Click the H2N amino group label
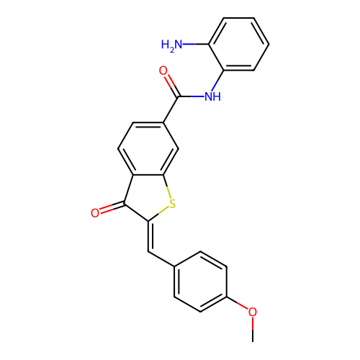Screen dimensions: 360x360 coord(171,45)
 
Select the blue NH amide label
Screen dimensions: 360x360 coord(212,96)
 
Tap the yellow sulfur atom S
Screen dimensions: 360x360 coord(172,204)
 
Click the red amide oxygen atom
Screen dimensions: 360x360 coord(163,71)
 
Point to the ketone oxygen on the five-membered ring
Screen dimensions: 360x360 coord(95,213)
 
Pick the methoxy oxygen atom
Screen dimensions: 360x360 coord(253,312)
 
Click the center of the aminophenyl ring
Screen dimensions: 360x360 coord(238,44)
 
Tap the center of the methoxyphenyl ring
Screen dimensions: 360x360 coord(200,282)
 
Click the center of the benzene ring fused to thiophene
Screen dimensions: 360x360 coord(148,149)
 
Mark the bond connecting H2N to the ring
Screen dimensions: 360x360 coord(196,44)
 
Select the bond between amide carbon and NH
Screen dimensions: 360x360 coord(192,96)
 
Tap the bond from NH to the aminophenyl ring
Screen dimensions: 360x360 coord(217,81)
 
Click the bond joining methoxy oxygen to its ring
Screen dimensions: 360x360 coord(238,303)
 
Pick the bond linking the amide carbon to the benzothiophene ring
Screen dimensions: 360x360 coord(171,109)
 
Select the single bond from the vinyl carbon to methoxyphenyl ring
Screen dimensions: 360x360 coord(161,258)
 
